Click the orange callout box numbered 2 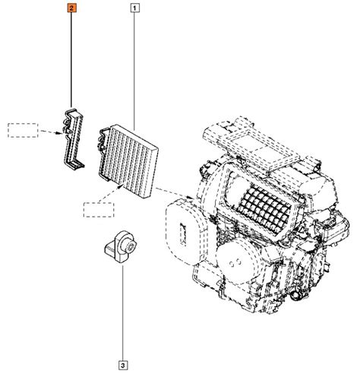[71, 8]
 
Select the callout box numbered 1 [134, 8]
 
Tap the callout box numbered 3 [123, 366]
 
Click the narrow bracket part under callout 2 [74, 139]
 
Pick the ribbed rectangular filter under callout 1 [128, 160]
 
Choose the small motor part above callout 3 [121, 246]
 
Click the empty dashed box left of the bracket [23, 130]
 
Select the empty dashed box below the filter [99, 210]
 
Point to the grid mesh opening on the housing [264, 208]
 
